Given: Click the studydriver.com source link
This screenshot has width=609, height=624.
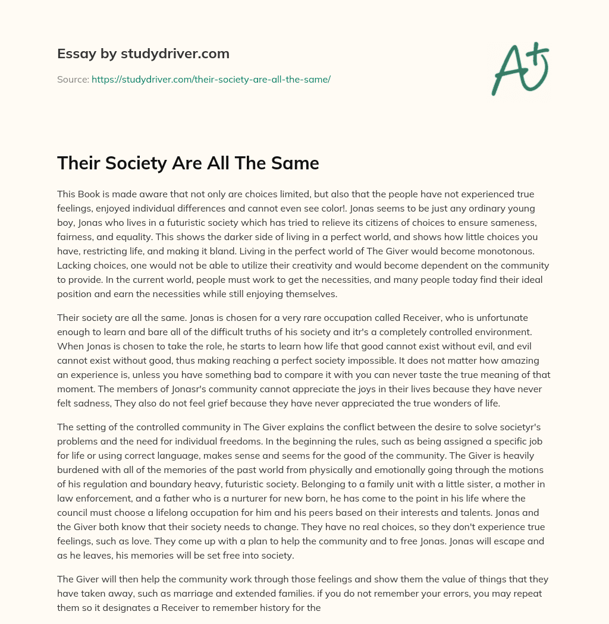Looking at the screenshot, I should pos(211,79).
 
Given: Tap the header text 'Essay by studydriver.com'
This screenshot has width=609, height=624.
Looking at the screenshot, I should pos(143,53).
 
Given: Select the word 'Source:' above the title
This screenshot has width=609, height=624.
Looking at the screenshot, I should pos(73,79).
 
